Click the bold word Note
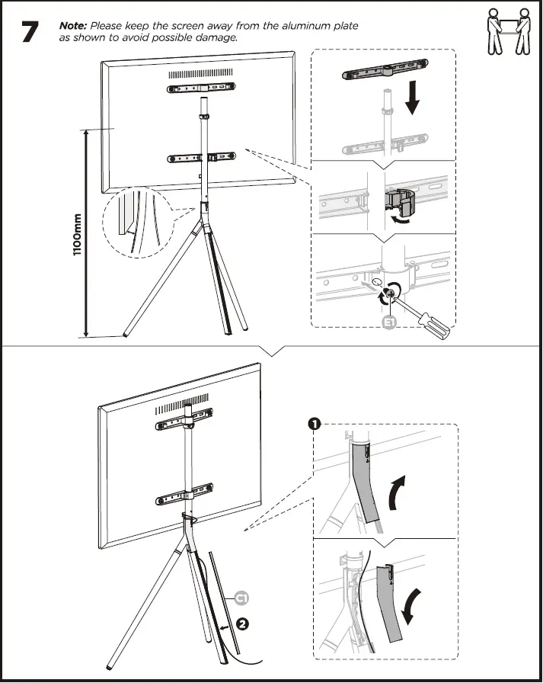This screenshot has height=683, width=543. coord(72,26)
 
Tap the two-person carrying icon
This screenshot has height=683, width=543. coord(507,32)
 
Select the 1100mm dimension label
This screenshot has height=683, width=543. coord(78,234)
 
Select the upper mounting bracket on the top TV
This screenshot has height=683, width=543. coord(203,89)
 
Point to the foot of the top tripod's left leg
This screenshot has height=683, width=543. coord(123,334)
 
